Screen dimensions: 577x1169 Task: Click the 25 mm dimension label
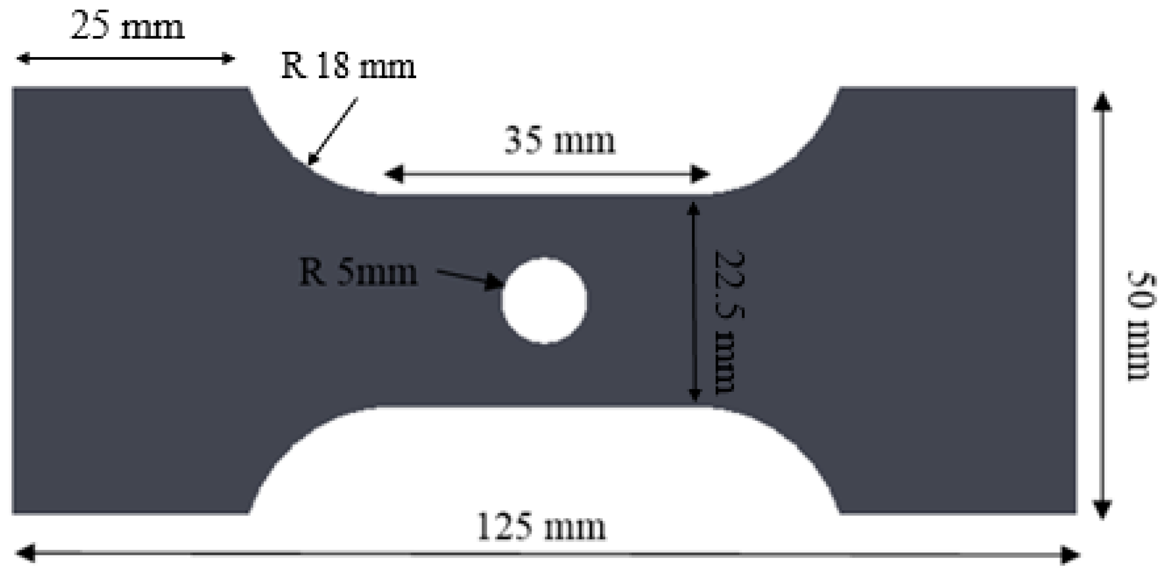(x=128, y=26)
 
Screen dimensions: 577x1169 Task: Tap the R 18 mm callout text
(x=348, y=67)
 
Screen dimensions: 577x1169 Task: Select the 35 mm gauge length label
(x=559, y=141)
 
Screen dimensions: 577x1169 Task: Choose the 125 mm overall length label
(x=542, y=527)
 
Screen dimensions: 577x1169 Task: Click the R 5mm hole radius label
(x=358, y=273)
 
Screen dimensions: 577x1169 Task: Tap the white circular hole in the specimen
(x=544, y=301)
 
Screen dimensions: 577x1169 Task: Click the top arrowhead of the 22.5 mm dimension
(x=694, y=208)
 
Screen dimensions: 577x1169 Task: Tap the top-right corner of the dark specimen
(x=1075, y=88)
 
